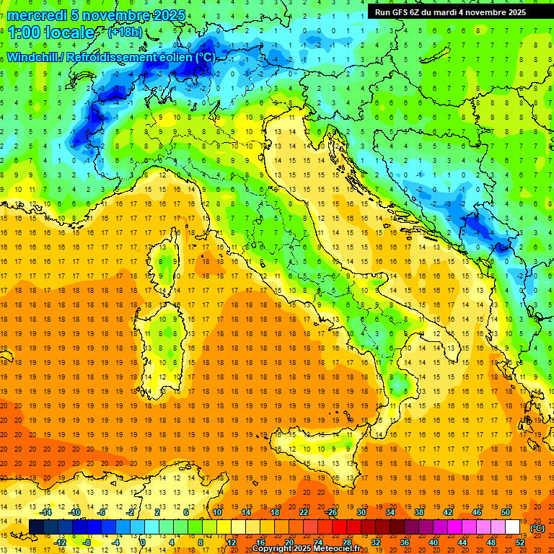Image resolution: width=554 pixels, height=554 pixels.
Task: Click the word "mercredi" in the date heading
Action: tap(38, 15)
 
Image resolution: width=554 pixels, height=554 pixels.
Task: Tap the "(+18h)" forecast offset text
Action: tap(124, 32)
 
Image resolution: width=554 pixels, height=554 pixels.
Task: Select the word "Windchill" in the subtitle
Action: tap(34, 57)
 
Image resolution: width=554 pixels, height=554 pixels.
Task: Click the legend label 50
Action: tap(505, 512)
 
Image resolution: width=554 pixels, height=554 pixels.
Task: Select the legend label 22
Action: tap(304, 512)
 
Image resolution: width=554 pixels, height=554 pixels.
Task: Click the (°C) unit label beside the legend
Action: tap(537, 527)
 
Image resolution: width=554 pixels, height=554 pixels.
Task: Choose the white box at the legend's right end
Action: tap(512, 527)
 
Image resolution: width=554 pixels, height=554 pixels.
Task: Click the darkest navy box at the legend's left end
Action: tap(36, 527)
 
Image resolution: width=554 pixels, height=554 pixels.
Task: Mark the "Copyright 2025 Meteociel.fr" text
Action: tap(306, 549)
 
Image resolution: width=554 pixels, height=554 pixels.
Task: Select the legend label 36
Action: tap(404, 542)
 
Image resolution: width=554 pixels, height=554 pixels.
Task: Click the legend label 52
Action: tap(519, 542)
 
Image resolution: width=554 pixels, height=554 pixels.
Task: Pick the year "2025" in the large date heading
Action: tap(167, 15)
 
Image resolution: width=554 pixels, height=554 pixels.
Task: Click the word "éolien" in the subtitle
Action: tap(175, 57)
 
